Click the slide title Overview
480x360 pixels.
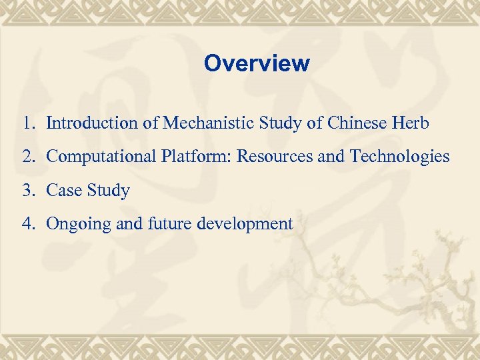tap(257, 63)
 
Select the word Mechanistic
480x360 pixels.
tap(203, 123)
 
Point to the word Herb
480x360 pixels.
tap(411, 123)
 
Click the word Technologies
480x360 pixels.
tap(399, 157)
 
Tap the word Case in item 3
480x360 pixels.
tap(63, 191)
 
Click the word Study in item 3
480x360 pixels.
tap(108, 191)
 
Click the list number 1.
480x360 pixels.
tap(27, 123)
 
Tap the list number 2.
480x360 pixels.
tap(27, 157)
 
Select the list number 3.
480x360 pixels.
tap(27, 191)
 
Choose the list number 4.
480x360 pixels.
tap(27, 224)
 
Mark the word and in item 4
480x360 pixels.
tap(125, 224)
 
